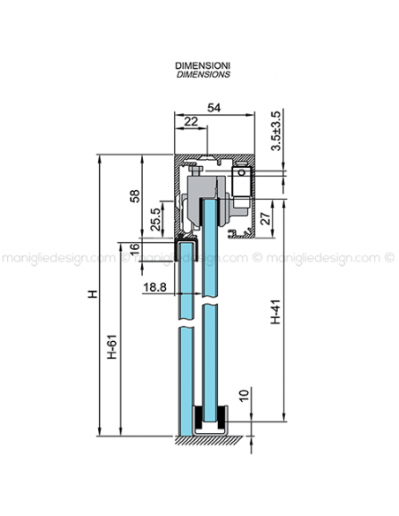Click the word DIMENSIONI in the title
[203, 66]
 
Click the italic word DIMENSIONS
[203, 75]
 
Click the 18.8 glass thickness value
[154, 287]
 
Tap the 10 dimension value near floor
[243, 391]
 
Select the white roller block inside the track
[240, 185]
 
